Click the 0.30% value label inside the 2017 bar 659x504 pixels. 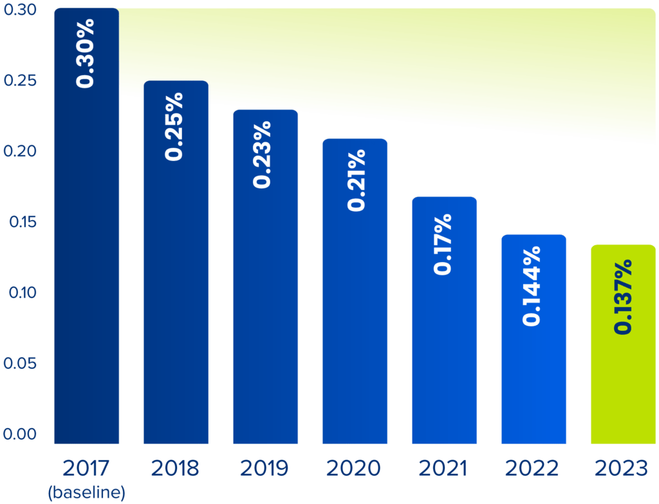(x=86, y=53)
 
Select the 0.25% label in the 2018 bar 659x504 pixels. (x=174, y=126)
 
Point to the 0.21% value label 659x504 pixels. (x=355, y=180)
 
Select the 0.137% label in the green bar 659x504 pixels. (x=623, y=297)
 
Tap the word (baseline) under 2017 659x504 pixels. (x=86, y=493)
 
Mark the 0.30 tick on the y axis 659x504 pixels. (x=20, y=11)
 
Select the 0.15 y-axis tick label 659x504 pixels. (x=20, y=223)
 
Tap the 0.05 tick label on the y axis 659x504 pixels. (x=20, y=364)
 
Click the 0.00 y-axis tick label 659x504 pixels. (x=20, y=434)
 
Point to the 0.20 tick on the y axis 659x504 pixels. (x=20, y=152)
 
